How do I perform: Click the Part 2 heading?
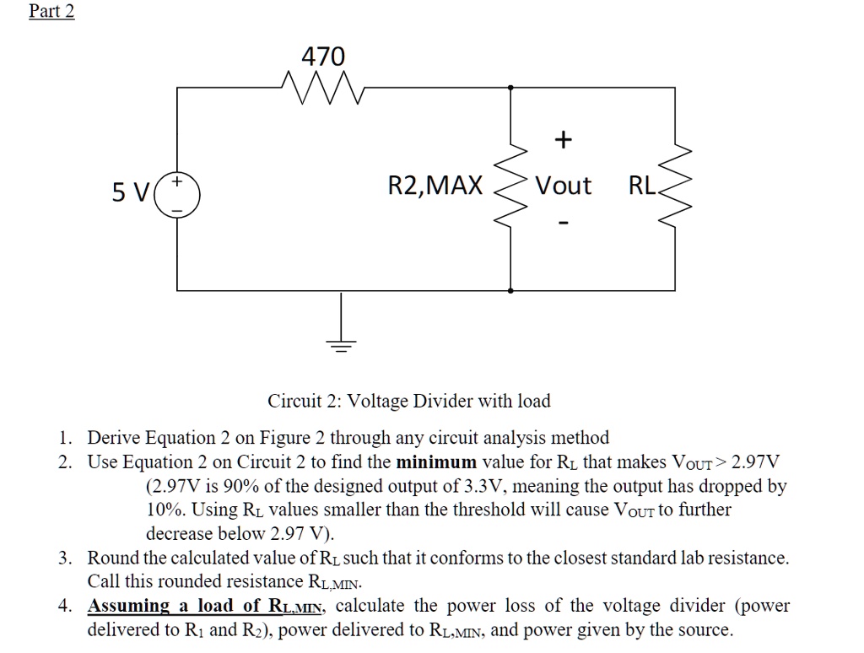[x=51, y=11]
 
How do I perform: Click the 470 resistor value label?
[x=323, y=57]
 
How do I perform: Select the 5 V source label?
[x=131, y=193]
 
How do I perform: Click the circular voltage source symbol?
[x=177, y=195]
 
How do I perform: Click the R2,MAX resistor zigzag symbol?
[x=510, y=186]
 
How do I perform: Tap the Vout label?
[x=564, y=186]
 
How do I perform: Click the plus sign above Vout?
[x=564, y=138]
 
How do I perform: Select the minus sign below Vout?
[x=564, y=225]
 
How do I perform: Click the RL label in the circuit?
[x=641, y=186]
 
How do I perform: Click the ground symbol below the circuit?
[x=342, y=342]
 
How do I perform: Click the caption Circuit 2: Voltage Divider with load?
[x=409, y=401]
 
